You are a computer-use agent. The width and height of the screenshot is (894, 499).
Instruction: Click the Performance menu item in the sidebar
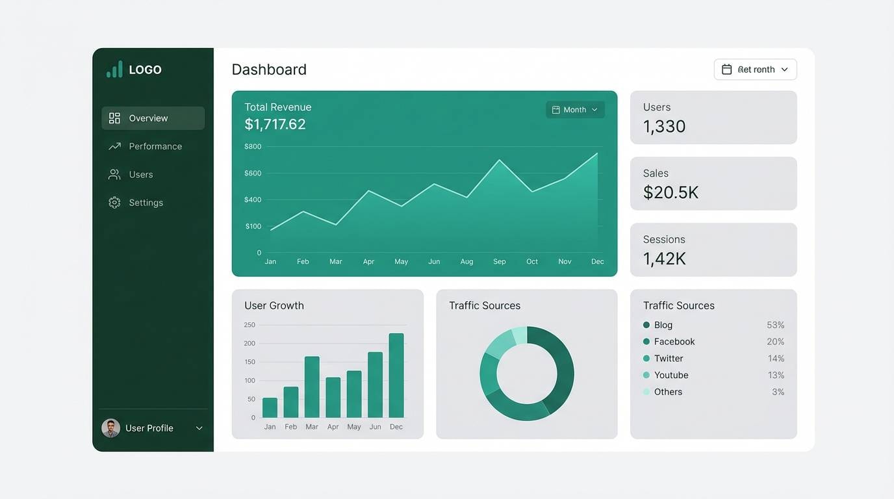(155, 146)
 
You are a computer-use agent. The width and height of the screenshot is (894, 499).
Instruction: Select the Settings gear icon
(114, 203)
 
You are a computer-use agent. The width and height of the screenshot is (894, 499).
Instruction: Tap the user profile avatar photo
(111, 428)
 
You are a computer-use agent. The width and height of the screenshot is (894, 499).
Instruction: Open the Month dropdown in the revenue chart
(575, 110)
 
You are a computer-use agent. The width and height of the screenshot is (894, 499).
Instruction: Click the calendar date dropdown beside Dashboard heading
(755, 70)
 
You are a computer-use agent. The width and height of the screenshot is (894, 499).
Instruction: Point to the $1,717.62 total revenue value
(275, 124)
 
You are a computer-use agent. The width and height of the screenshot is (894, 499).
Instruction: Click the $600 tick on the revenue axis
(253, 173)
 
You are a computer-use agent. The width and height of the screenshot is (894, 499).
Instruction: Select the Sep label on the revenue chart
(499, 262)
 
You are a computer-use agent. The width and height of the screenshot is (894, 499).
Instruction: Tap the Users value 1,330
(664, 127)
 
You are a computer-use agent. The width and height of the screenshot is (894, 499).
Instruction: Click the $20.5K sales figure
(670, 192)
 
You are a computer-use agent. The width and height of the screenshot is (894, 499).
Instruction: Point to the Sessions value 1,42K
(664, 259)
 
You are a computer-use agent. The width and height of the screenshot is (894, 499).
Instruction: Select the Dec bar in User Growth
(396, 376)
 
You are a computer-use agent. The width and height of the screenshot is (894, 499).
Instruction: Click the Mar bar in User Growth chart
(312, 387)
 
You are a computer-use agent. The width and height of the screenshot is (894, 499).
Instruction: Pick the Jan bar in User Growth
(270, 407)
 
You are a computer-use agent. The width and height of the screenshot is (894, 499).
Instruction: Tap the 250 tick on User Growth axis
(249, 325)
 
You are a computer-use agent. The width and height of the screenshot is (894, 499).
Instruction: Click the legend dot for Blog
(646, 325)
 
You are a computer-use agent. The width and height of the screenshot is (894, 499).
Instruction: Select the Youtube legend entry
(670, 375)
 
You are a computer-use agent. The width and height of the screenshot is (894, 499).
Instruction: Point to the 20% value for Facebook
(775, 342)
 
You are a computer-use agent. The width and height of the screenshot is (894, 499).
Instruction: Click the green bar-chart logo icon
(114, 70)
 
